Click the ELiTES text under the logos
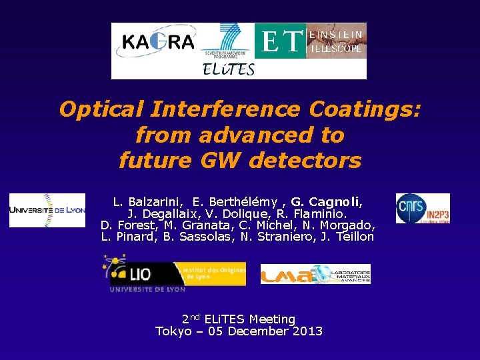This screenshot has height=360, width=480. pyautogui.click(x=228, y=69)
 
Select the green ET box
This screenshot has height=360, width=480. pyautogui.click(x=280, y=41)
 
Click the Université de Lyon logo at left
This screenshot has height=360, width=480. pyautogui.click(x=47, y=210)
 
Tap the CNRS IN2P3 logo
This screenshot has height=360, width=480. pyautogui.click(x=423, y=209)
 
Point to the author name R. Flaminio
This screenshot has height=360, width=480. pyautogui.click(x=316, y=213)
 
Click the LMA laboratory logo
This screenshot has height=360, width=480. pyautogui.click(x=315, y=274)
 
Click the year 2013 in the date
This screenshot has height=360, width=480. pyautogui.click(x=307, y=331)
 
